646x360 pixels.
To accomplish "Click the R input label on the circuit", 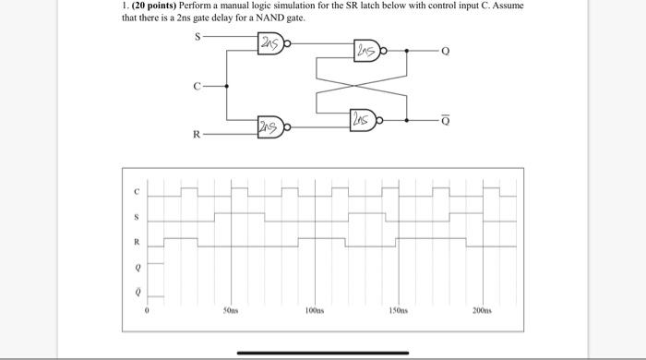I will [195, 136].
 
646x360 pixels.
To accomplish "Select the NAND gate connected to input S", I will [272, 42].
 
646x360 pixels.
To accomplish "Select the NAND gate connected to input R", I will [271, 126].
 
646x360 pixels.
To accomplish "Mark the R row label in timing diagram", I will [137, 243].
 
